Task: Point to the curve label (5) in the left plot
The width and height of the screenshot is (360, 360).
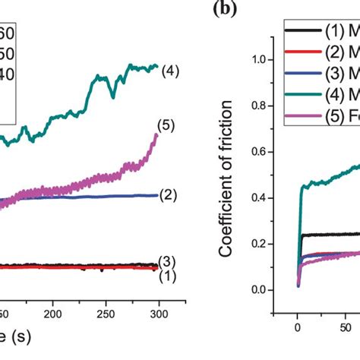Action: pyautogui.click(x=165, y=125)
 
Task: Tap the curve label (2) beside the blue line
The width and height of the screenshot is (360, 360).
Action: pyautogui.click(x=169, y=194)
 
